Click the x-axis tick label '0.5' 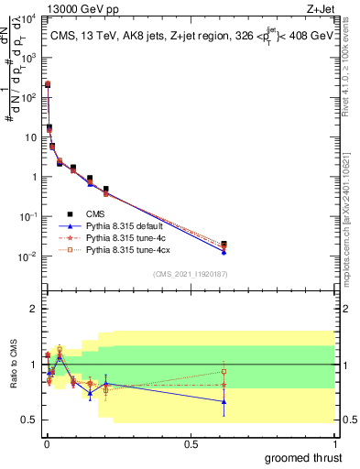[190, 444]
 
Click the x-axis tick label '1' [334, 444]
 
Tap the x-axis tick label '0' [46, 444]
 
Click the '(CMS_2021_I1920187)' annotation [191, 273]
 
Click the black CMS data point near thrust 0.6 [224, 244]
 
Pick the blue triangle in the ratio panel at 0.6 [224, 401]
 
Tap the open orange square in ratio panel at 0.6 [224, 371]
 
